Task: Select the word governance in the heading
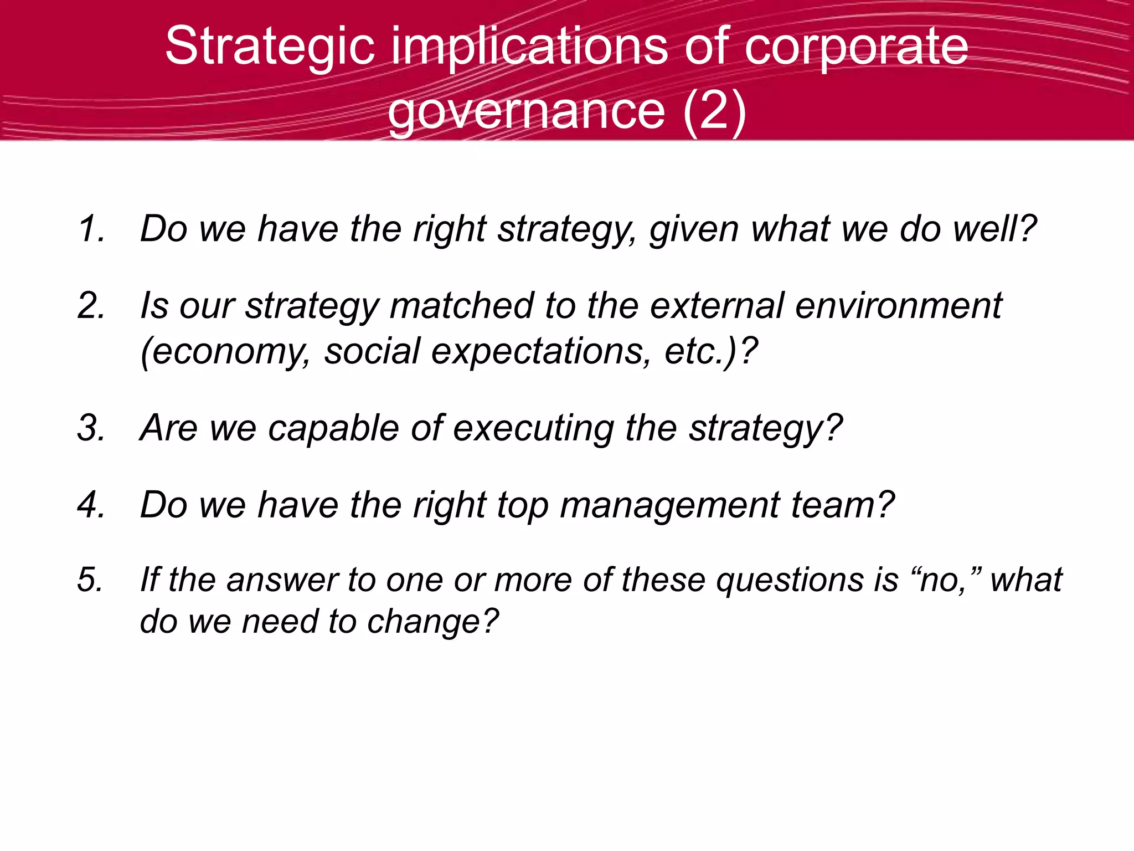pos(526,111)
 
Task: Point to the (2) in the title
pos(714,111)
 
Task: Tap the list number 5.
pos(90,580)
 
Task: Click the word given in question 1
pos(694,229)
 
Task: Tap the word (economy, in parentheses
pos(225,352)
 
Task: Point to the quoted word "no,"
pos(946,580)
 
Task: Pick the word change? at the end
pos(432,622)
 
